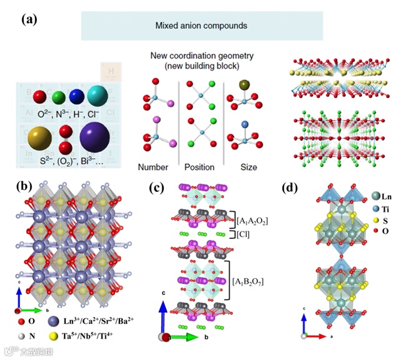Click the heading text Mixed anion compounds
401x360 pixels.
[201, 26]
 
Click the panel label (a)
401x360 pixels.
[29, 20]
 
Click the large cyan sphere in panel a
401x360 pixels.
[100, 95]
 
